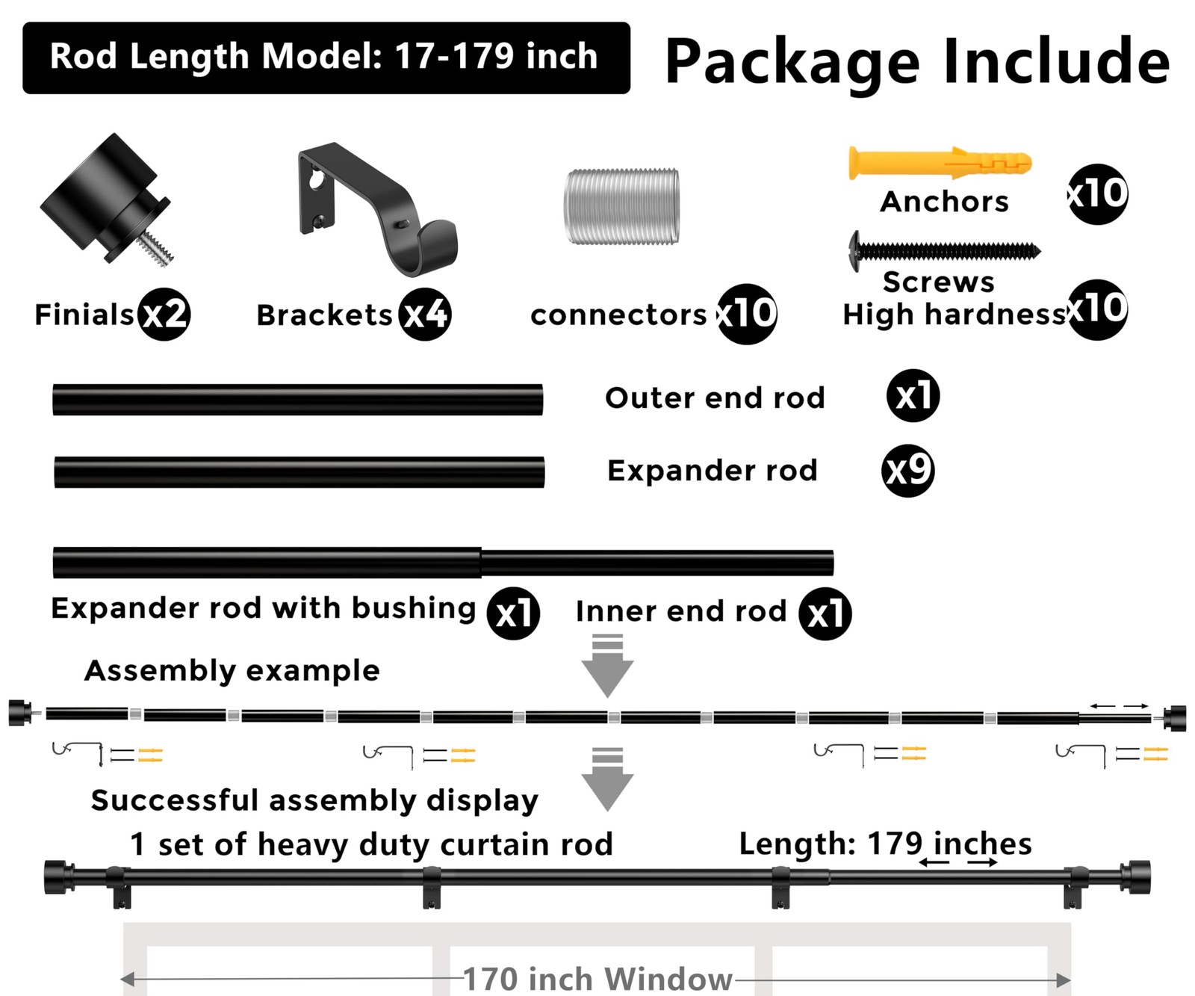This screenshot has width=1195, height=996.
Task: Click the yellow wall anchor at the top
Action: point(940,163)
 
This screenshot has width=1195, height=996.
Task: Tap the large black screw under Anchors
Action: point(945,250)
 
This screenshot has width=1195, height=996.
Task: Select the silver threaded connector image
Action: point(621,206)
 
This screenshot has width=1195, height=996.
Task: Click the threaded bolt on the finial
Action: point(158,247)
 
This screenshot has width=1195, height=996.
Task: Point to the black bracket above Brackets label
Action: point(377,208)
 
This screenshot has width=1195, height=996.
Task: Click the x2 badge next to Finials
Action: point(164,315)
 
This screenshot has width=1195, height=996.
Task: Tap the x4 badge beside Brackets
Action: point(425,315)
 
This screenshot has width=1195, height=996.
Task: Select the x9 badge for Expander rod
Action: point(908,471)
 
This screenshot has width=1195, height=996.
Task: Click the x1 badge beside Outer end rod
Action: point(913,396)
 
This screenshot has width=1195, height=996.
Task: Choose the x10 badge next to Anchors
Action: point(1098,194)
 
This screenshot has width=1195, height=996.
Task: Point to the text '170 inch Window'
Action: point(597,979)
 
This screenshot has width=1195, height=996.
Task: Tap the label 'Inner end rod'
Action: point(681,611)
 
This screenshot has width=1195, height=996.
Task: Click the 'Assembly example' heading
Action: point(232,671)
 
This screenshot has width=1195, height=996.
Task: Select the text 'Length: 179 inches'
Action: point(885,844)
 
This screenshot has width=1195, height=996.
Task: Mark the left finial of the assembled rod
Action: point(60,877)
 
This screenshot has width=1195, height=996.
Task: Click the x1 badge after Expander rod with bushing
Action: point(513,613)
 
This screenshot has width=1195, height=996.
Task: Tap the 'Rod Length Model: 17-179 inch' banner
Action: point(326,58)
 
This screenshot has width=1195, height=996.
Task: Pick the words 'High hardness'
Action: point(954,315)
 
